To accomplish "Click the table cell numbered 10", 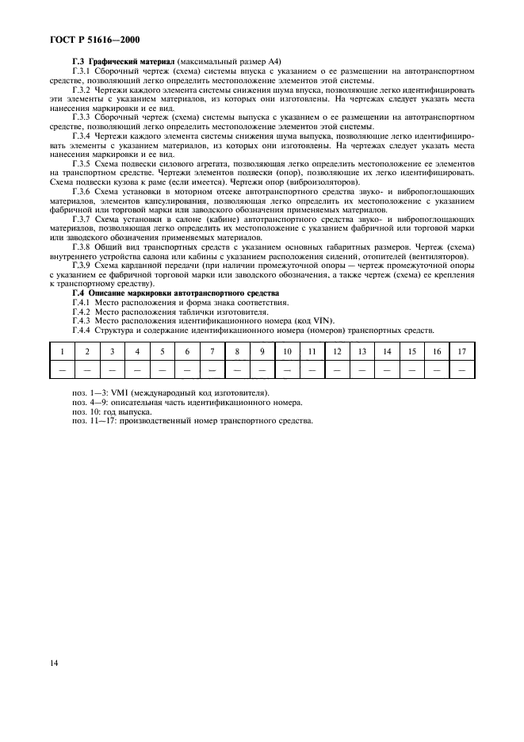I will (287, 351).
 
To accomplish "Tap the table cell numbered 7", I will (212, 351).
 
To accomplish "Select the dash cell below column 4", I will (137, 369).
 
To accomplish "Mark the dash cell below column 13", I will (362, 369).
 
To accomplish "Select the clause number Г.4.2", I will (83, 312).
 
